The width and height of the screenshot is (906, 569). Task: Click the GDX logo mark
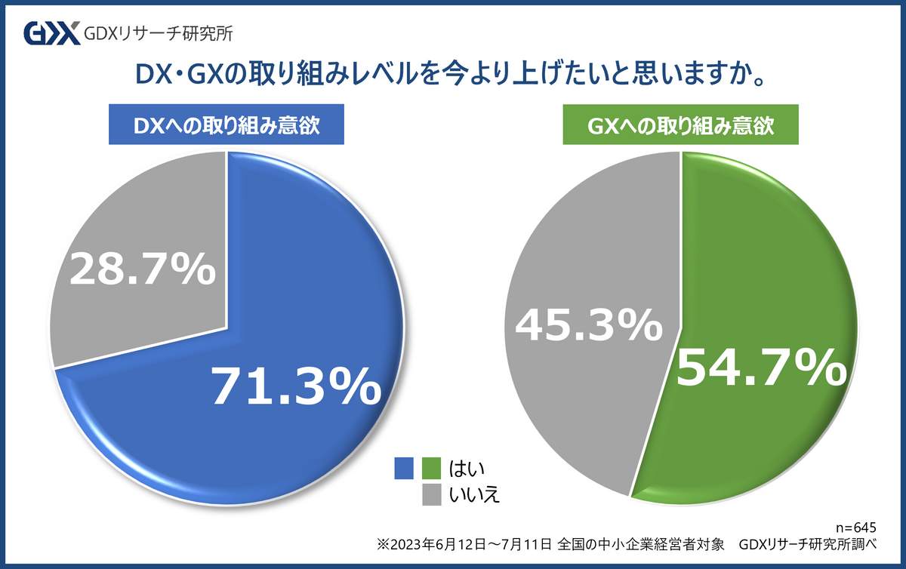(51, 34)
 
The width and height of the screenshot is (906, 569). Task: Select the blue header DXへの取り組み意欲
(226, 125)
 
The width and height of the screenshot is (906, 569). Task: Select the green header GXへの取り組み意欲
(681, 125)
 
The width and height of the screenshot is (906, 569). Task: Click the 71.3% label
(295, 387)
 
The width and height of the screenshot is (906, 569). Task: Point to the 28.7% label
(142, 269)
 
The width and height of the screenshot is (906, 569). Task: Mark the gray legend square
(432, 495)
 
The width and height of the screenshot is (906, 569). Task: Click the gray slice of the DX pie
(128, 226)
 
